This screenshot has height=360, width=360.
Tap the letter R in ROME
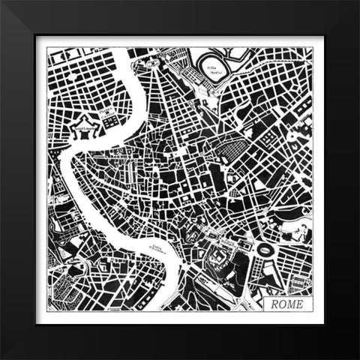[x=274, y=304]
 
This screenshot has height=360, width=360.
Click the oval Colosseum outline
[x=264, y=249]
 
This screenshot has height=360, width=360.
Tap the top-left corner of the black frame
[x=2, y=2]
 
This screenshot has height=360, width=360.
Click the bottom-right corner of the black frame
[x=358, y=358]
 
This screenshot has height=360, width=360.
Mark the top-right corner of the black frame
[x=358, y=2]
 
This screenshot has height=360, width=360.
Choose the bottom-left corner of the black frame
[x=2, y=358]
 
